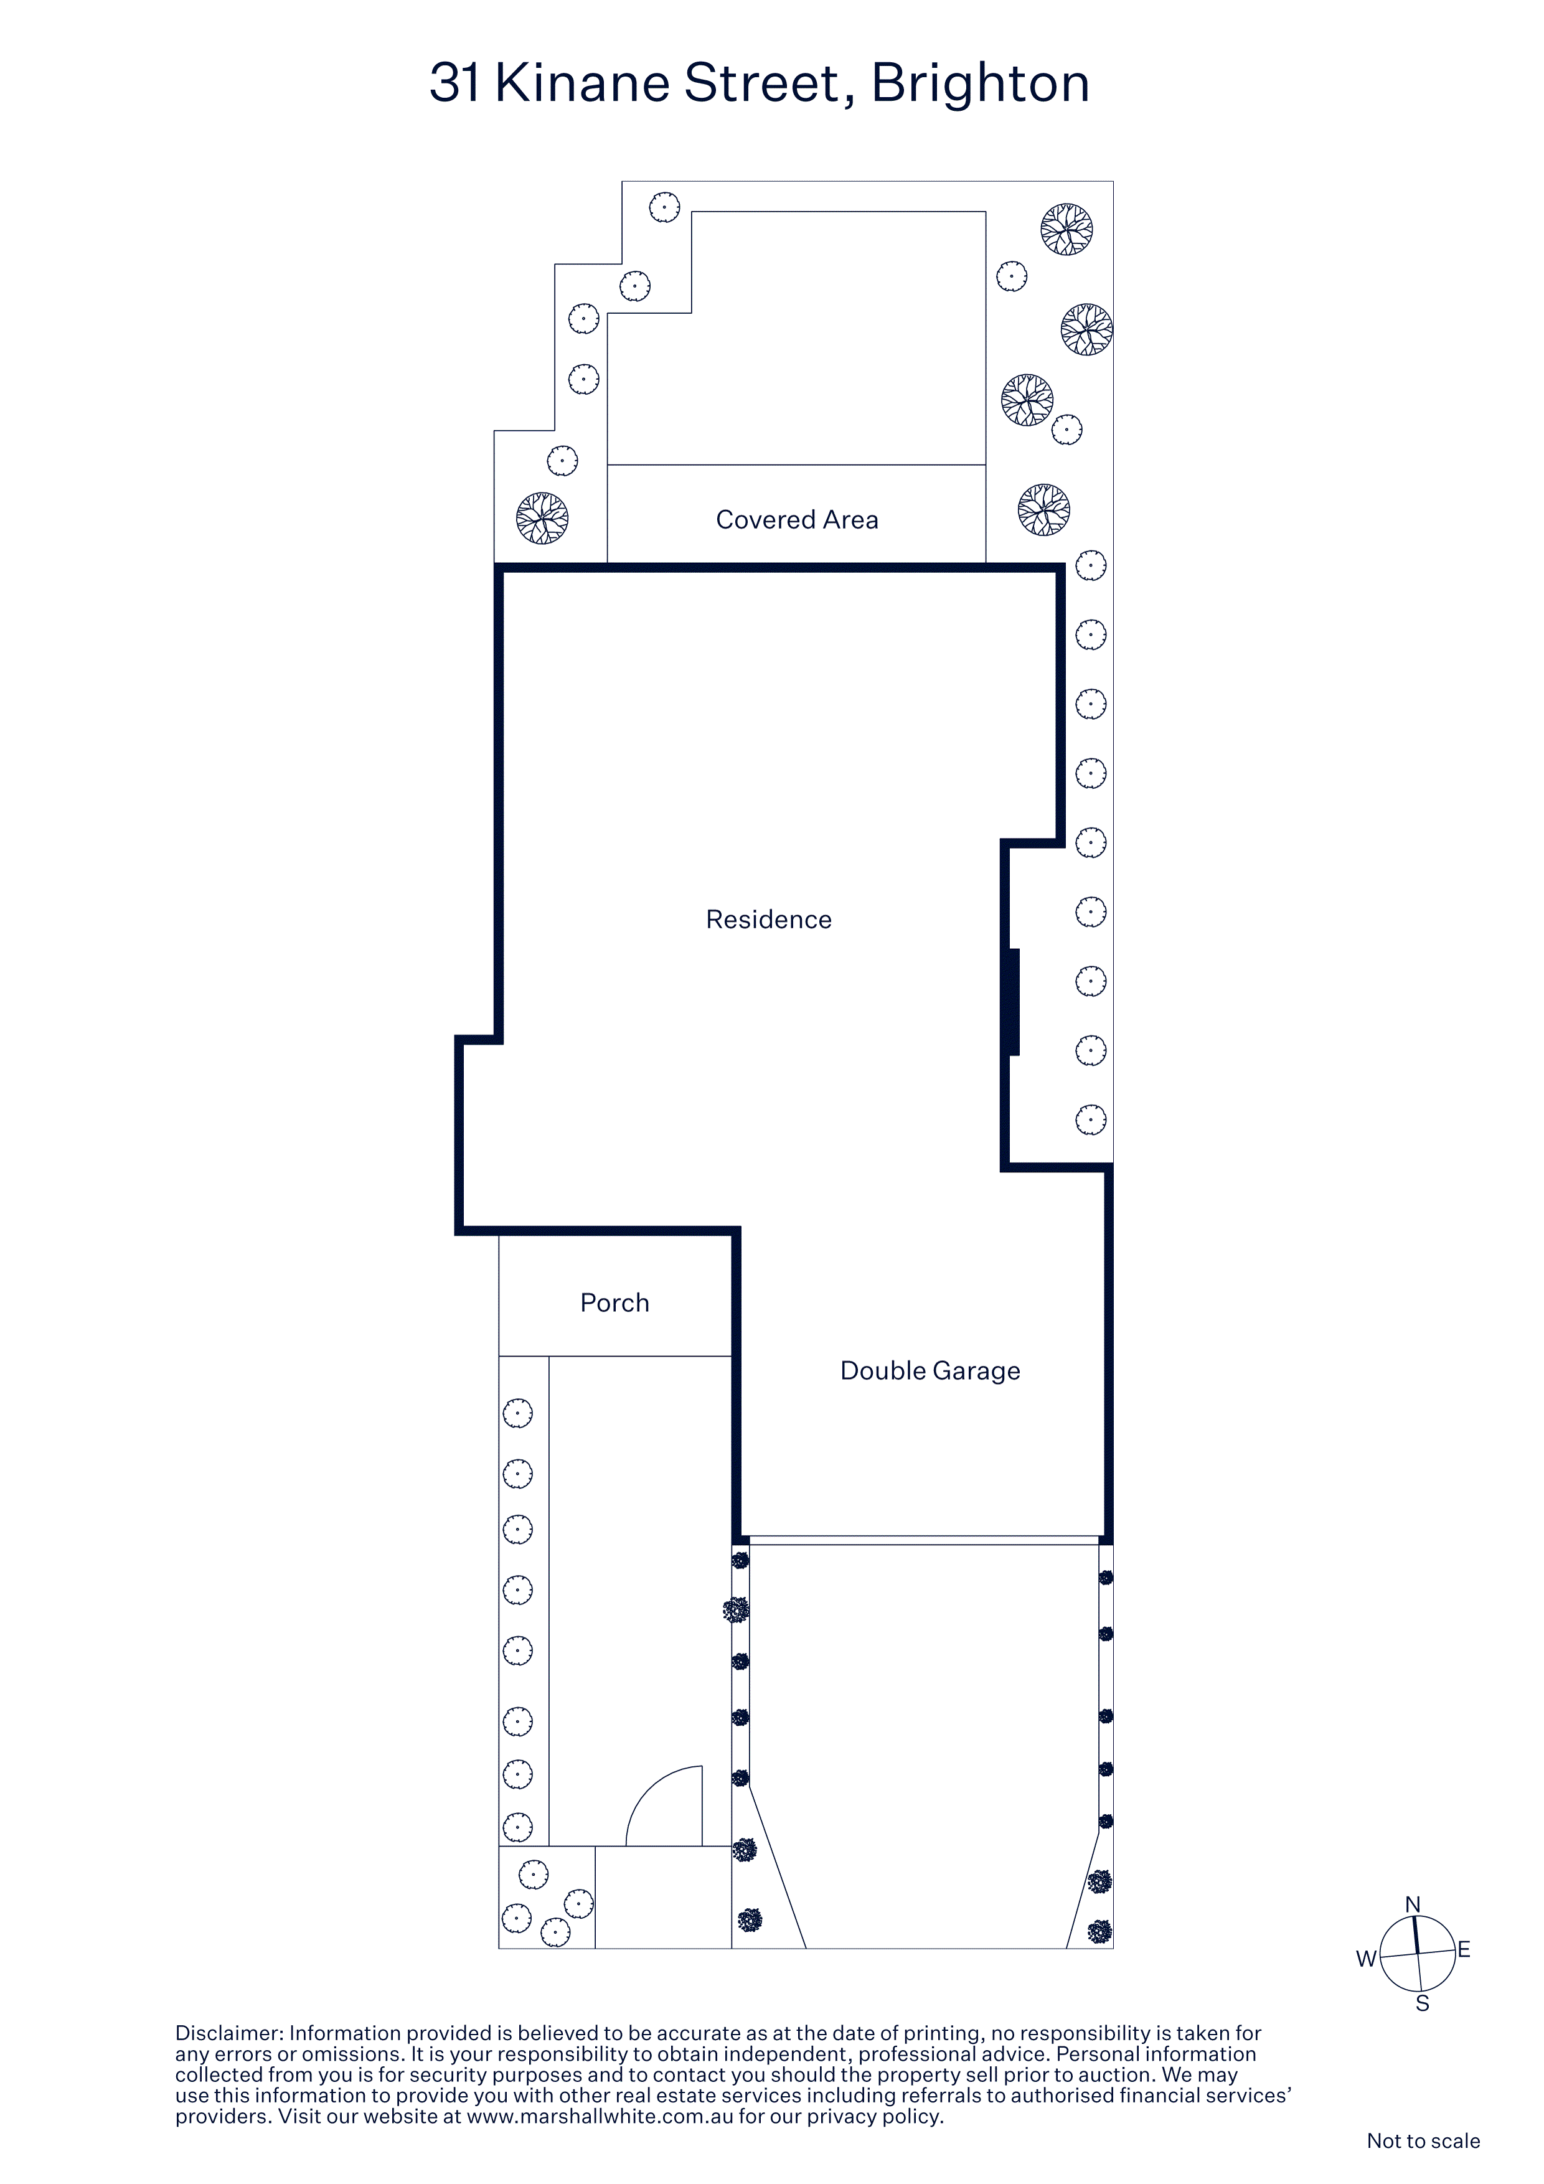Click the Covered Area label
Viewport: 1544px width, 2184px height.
(x=797, y=519)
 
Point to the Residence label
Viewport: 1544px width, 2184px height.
(x=769, y=919)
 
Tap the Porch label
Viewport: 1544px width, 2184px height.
(x=614, y=1302)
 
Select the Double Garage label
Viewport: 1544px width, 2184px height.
(x=930, y=1371)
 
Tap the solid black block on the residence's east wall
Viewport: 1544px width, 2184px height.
(x=1014, y=1002)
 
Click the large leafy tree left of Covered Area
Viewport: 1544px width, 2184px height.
(x=542, y=517)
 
